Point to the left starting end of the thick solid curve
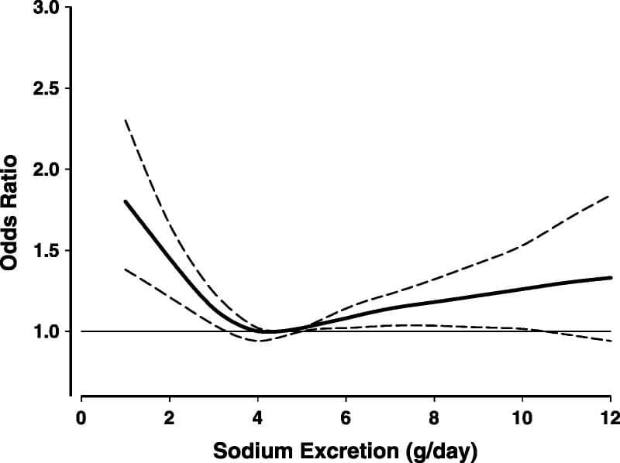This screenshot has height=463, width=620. [x=125, y=201]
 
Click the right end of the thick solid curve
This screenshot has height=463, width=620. [x=611, y=277]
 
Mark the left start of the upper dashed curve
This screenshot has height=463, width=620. [x=125, y=120]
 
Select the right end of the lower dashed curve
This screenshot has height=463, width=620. [x=611, y=341]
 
